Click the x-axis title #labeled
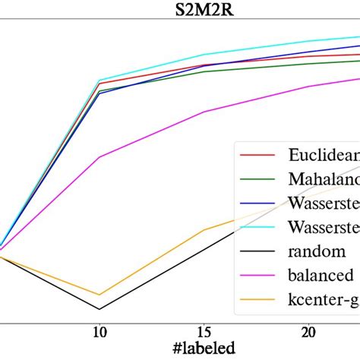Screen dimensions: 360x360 pyautogui.click(x=203, y=345)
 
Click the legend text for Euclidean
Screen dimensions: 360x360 pyautogui.click(x=324, y=155)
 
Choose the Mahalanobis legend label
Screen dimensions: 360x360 pyautogui.click(x=324, y=179)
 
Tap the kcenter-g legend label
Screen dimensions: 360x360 pyautogui.click(x=324, y=301)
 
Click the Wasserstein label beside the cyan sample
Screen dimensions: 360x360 pyautogui.click(x=324, y=228)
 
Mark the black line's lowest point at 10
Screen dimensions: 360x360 pyautogui.click(x=99, y=309)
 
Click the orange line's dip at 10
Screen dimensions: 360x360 pyautogui.click(x=99, y=295)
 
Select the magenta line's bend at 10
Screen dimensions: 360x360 pyautogui.click(x=99, y=157)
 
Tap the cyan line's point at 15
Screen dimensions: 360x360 pyautogui.click(x=204, y=55)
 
